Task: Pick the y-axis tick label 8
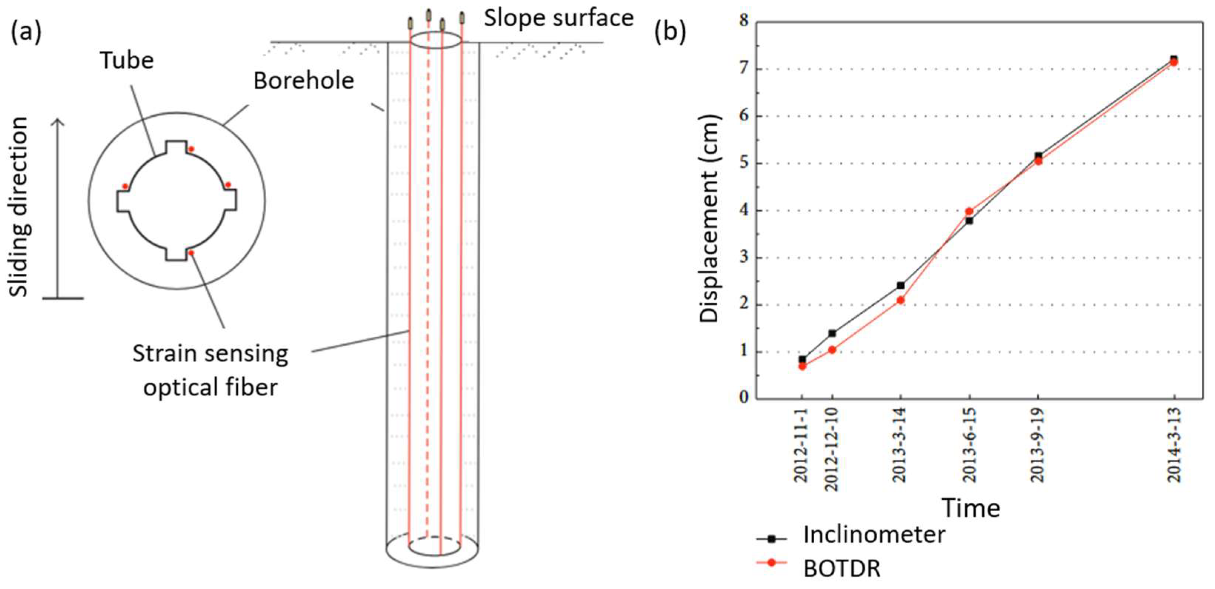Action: pos(744,21)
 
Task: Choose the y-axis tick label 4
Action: pos(744,210)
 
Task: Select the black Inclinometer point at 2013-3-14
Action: pos(900,286)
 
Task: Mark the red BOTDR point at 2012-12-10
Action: pos(832,350)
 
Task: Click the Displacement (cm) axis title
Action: pos(709,219)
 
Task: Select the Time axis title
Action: pos(971,508)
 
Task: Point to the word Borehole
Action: pos(303,81)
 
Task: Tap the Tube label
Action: pos(127,60)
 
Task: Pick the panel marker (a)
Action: pos(26,32)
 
